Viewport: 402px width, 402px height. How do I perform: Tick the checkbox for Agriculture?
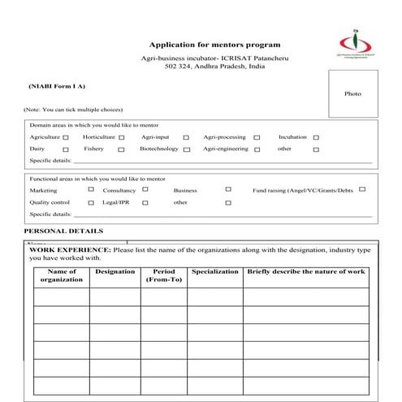(x=67, y=138)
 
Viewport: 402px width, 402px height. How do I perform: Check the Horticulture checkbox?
(x=122, y=138)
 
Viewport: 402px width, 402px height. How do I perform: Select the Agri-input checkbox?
(x=186, y=138)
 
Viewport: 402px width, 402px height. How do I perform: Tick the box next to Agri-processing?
(x=257, y=138)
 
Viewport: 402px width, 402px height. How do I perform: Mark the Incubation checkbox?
(x=316, y=138)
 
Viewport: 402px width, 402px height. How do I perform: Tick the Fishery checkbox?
(x=122, y=150)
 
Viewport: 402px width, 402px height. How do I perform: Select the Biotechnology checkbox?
(x=186, y=150)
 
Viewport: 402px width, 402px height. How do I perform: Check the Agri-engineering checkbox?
(x=257, y=150)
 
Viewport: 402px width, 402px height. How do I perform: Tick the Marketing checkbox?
(x=90, y=190)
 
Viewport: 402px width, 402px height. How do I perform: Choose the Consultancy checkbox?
(x=145, y=190)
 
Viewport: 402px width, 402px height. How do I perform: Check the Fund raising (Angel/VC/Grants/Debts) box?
(x=361, y=190)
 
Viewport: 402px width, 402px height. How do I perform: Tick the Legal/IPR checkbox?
(x=145, y=203)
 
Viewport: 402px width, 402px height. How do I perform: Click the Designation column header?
(x=115, y=271)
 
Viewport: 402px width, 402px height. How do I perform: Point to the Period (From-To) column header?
(x=163, y=275)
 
